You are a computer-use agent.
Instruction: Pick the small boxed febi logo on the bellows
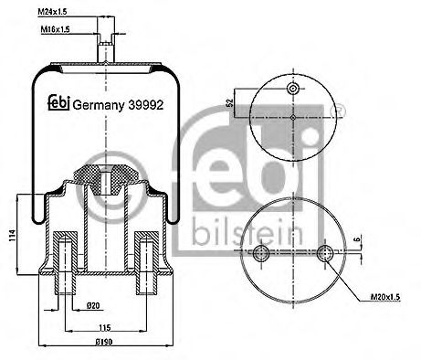(x=56, y=103)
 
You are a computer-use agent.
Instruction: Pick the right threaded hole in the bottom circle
(x=325, y=252)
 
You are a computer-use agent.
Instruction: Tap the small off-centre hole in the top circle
(x=291, y=89)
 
